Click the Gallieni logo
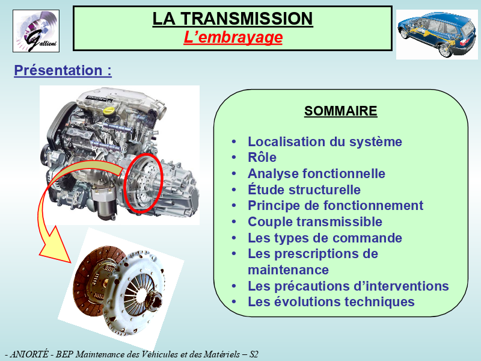tap(36, 31)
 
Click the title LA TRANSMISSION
tap(233, 19)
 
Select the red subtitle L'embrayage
tap(233, 37)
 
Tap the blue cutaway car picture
tap(437, 34)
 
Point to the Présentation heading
tap(63, 70)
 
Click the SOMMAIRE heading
tap(340, 111)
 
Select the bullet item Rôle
tap(262, 157)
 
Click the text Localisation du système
tap(325, 141)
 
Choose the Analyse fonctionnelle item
tap(316, 173)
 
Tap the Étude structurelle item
tap(304, 190)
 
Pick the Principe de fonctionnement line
tap(335, 205)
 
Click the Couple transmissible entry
tap(315, 221)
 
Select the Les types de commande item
tap(325, 238)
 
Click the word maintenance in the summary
tap(289, 270)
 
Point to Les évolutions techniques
tap(331, 302)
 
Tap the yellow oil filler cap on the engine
tap(109, 111)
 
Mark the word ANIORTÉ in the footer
tap(29, 354)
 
